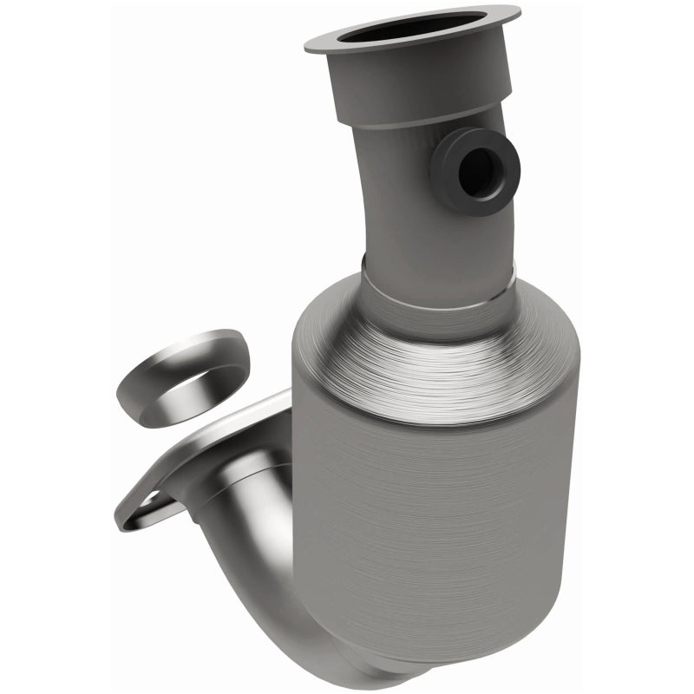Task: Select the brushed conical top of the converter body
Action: click(x=434, y=364)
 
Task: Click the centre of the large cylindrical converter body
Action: click(x=442, y=520)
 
